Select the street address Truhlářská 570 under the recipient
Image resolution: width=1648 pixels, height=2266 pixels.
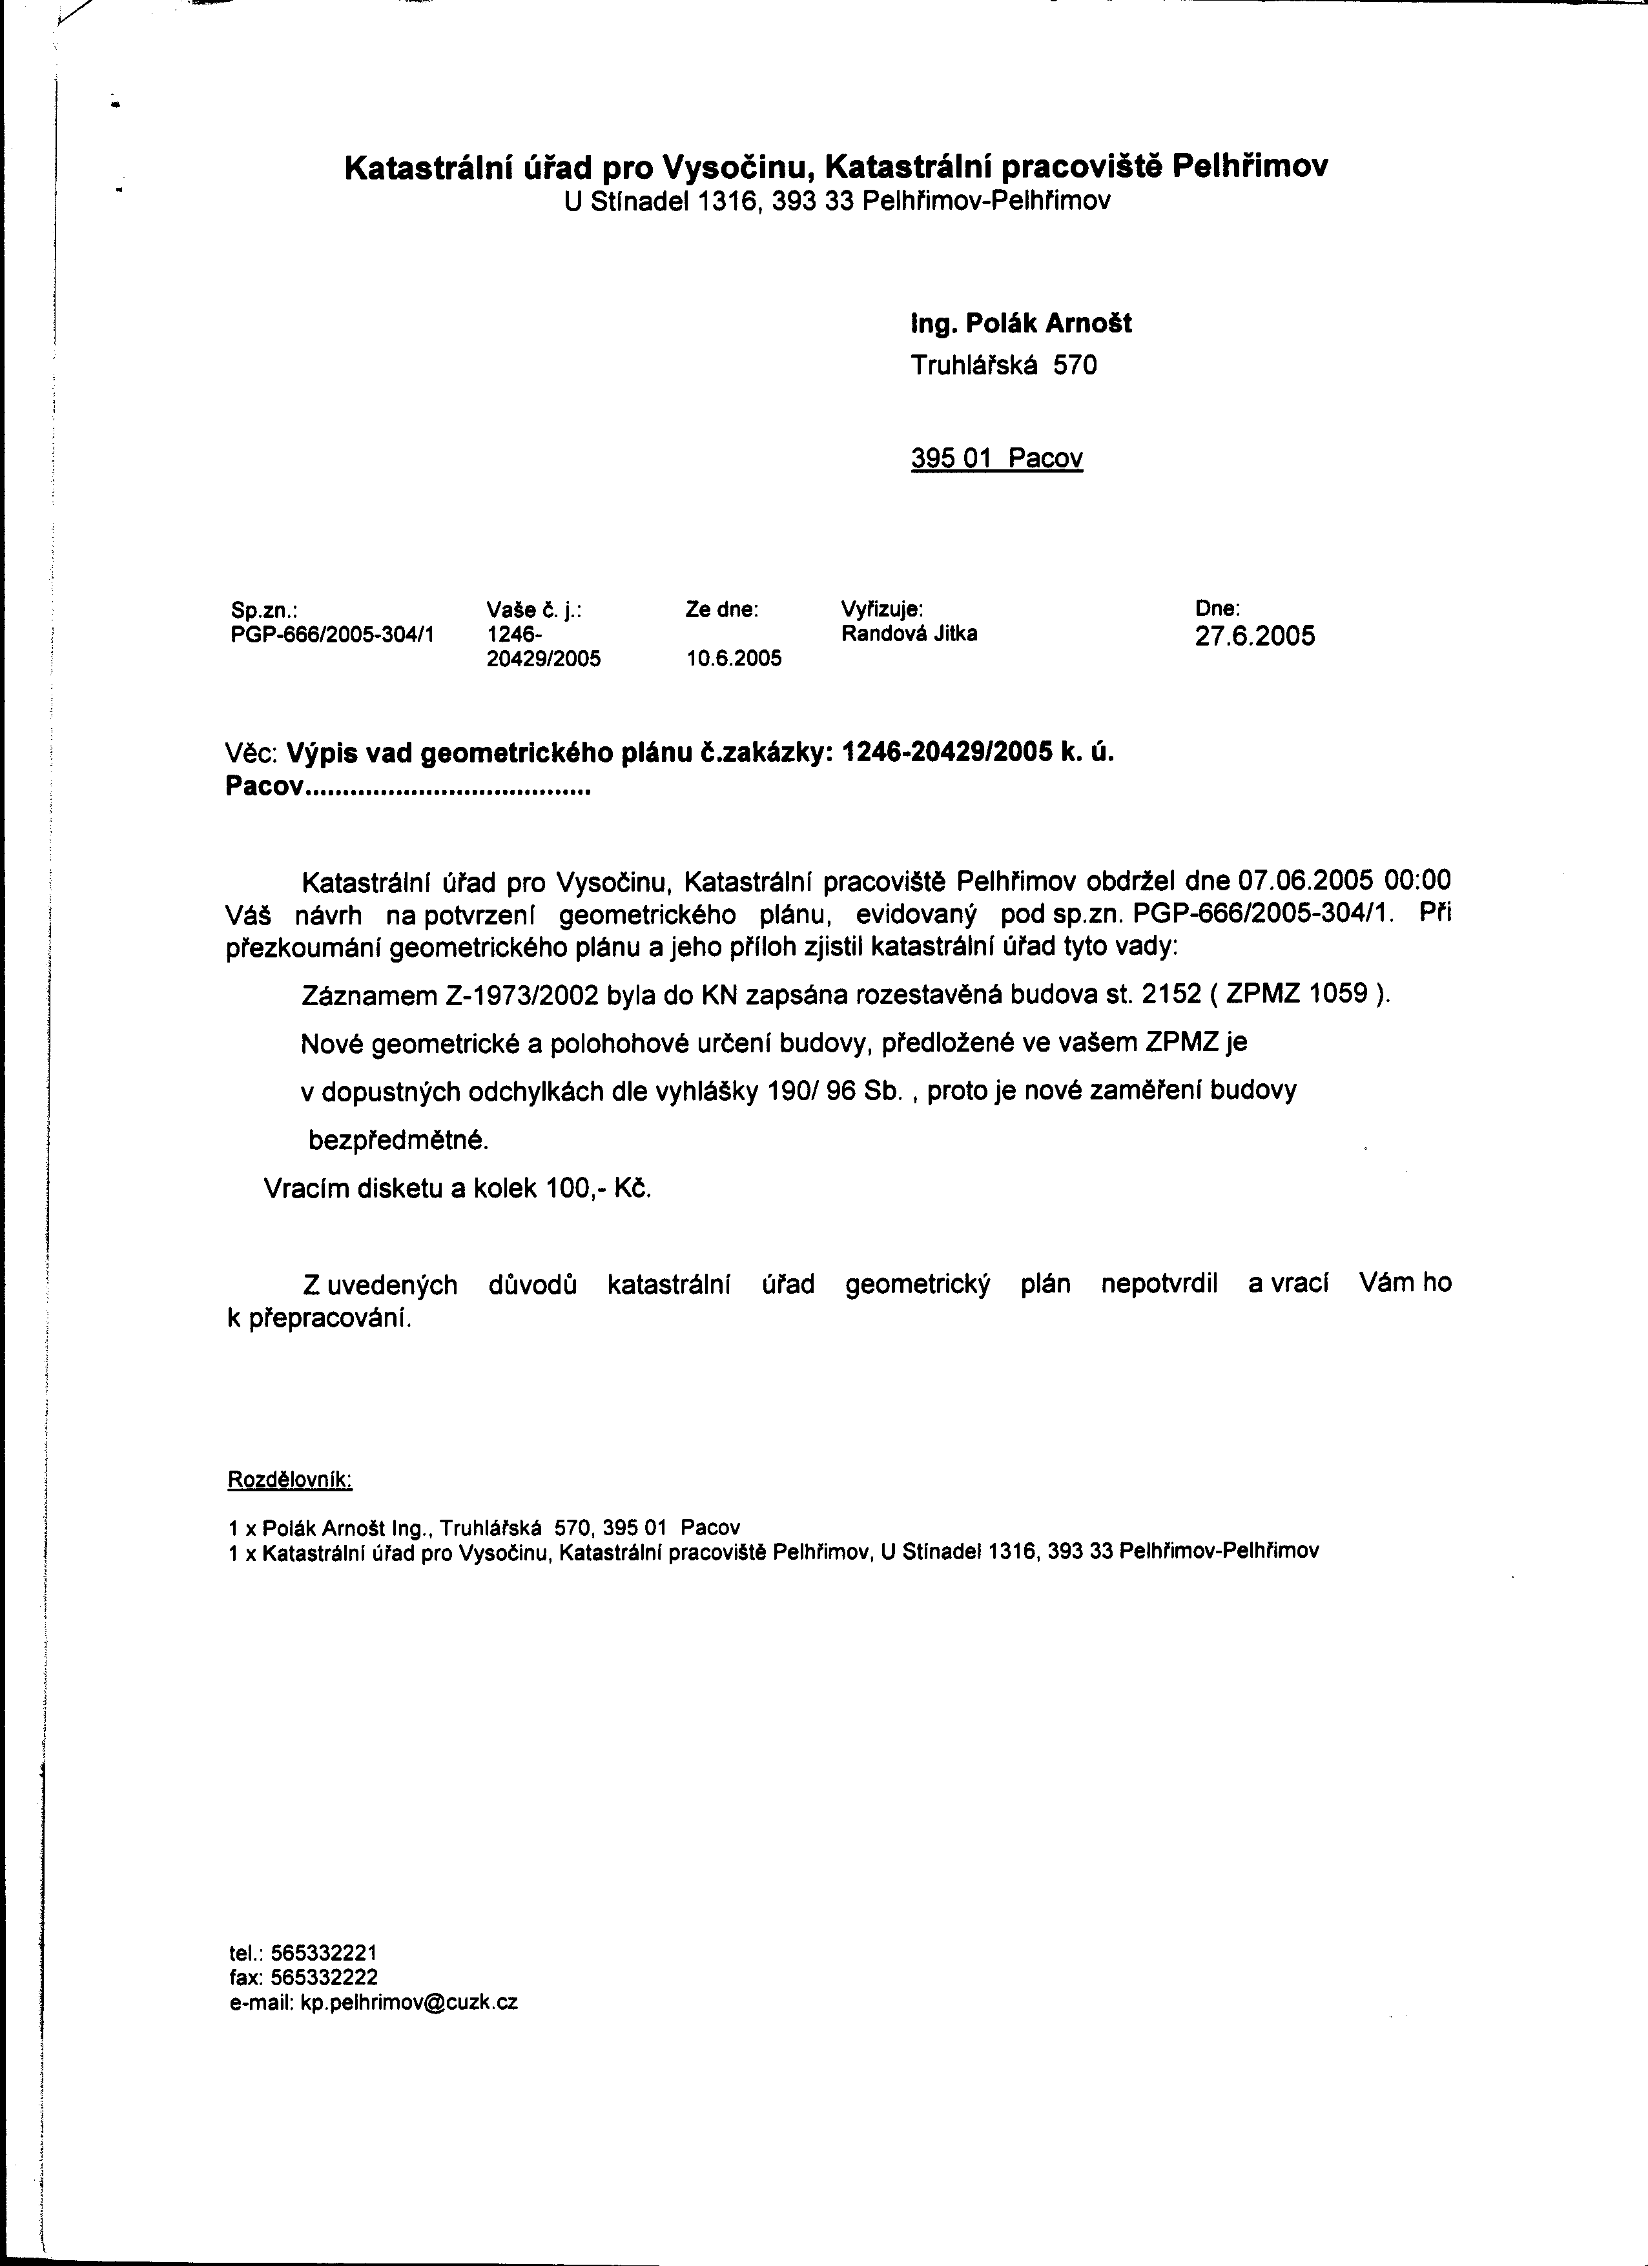click(1004, 365)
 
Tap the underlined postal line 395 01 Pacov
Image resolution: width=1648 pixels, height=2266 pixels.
click(996, 458)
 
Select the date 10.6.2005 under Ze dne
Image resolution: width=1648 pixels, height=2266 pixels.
click(734, 658)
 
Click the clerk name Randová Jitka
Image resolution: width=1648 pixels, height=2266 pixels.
click(909, 633)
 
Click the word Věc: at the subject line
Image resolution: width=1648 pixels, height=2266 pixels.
click(256, 753)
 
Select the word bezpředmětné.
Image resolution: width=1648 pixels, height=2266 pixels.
click(398, 1140)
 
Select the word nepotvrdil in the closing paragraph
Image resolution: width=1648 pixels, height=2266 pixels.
click(1159, 1284)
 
